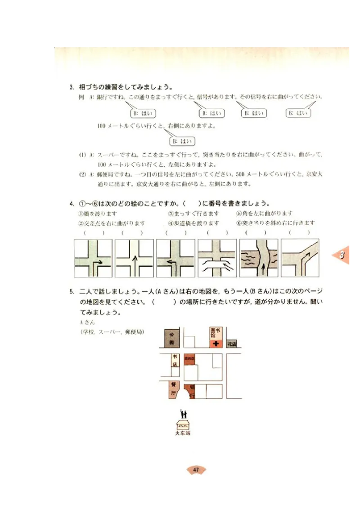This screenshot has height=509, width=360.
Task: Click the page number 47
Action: click(x=196, y=470)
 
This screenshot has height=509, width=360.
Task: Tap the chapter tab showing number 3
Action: click(x=342, y=255)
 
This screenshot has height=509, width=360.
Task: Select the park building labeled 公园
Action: click(x=171, y=338)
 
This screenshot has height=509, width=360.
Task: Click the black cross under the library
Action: click(x=216, y=344)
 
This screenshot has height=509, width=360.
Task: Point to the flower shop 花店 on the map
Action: click(x=231, y=344)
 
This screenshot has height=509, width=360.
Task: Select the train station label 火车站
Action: click(x=182, y=433)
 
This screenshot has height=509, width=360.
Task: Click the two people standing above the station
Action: click(x=183, y=413)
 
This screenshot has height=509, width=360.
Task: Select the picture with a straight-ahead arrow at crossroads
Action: click(x=134, y=258)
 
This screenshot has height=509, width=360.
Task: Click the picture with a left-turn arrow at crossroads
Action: click(x=175, y=258)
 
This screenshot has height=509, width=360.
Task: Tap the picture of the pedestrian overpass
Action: click(x=217, y=258)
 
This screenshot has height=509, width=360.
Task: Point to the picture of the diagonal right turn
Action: click(x=300, y=258)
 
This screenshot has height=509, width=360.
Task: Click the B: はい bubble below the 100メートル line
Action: click(x=182, y=141)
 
